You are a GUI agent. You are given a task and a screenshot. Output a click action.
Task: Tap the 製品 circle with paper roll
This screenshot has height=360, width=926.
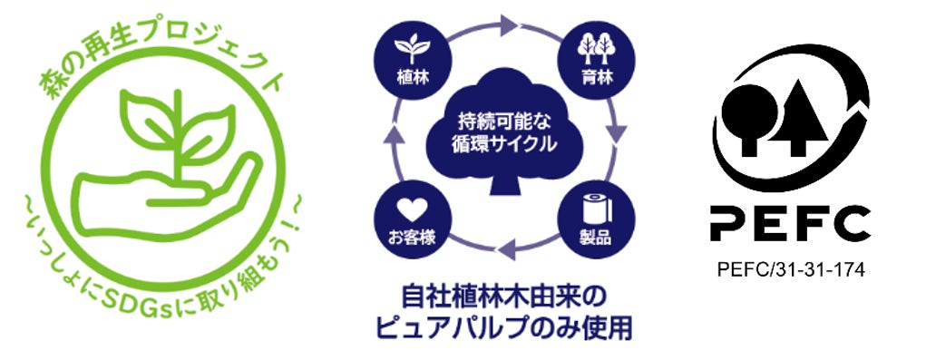(597, 219)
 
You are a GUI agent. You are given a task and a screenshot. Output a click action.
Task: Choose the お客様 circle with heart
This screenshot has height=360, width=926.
(413, 219)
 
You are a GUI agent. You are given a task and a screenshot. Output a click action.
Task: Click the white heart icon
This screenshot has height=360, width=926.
(412, 209)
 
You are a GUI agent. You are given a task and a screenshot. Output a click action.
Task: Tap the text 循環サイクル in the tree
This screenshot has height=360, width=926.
(504, 144)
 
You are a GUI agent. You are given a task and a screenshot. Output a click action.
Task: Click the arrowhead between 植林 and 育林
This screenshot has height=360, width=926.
(510, 25)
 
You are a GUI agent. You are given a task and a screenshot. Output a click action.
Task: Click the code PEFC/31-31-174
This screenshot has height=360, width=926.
(791, 270)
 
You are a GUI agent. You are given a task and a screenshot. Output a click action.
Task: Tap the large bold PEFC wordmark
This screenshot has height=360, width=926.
(790, 224)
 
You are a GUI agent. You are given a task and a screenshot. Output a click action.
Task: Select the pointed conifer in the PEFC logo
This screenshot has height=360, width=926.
(796, 118)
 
